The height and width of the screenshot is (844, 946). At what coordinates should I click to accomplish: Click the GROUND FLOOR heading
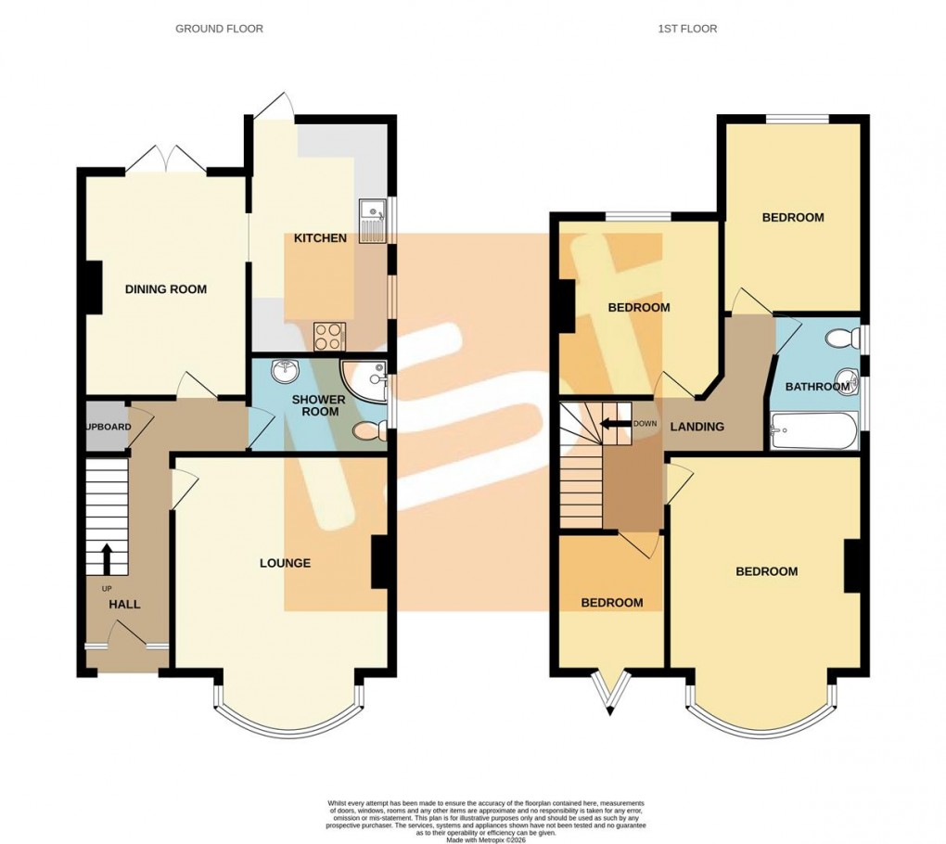[219, 29]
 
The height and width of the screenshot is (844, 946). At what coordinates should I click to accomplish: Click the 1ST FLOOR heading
[687, 29]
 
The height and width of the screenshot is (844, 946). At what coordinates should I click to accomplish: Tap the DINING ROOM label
[166, 289]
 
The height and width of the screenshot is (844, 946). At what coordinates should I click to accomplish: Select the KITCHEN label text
[320, 238]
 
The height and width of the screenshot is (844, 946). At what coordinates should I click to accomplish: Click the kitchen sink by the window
[373, 220]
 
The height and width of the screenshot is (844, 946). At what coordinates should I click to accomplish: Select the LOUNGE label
[285, 563]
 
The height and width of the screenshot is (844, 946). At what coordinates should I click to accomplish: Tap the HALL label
[124, 605]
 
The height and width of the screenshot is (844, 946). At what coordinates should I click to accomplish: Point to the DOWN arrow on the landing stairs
[612, 424]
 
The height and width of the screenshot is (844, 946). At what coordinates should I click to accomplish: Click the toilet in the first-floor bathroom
[846, 339]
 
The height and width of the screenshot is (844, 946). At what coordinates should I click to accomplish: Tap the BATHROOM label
[813, 387]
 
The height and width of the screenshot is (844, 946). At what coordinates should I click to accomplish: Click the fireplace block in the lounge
[379, 562]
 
